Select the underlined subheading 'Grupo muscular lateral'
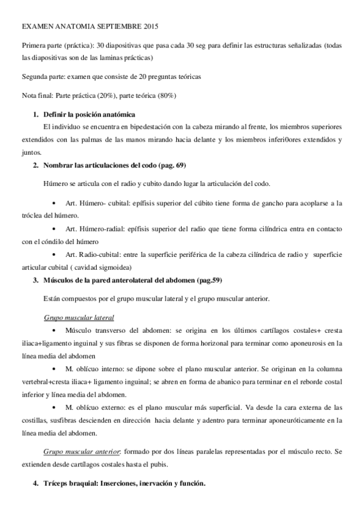[79, 318]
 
